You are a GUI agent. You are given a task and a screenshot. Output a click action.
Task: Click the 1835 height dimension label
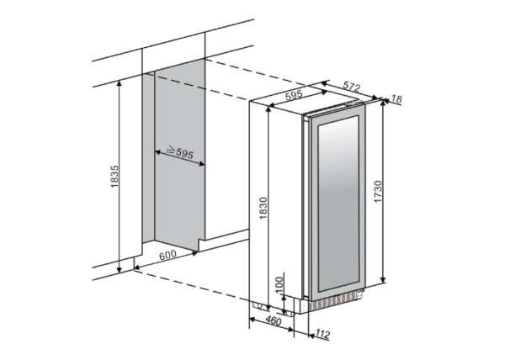pyautogui.click(x=114, y=177)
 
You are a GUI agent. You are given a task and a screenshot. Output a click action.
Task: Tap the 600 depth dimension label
pyautogui.click(x=167, y=255)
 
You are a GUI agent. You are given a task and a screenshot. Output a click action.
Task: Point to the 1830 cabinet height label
pyautogui.click(x=263, y=208)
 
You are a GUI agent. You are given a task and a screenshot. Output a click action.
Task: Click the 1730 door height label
pyautogui.click(x=378, y=192)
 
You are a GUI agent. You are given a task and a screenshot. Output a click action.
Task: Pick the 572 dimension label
pyautogui.click(x=351, y=87)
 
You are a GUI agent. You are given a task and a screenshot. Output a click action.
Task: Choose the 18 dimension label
pyautogui.click(x=397, y=99)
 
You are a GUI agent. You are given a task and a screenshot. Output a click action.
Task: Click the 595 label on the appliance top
pyautogui.click(x=294, y=95)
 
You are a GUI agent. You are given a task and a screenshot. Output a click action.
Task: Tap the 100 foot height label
pyautogui.click(x=279, y=284)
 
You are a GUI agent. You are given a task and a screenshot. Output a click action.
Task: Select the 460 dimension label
pyautogui.click(x=274, y=320)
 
